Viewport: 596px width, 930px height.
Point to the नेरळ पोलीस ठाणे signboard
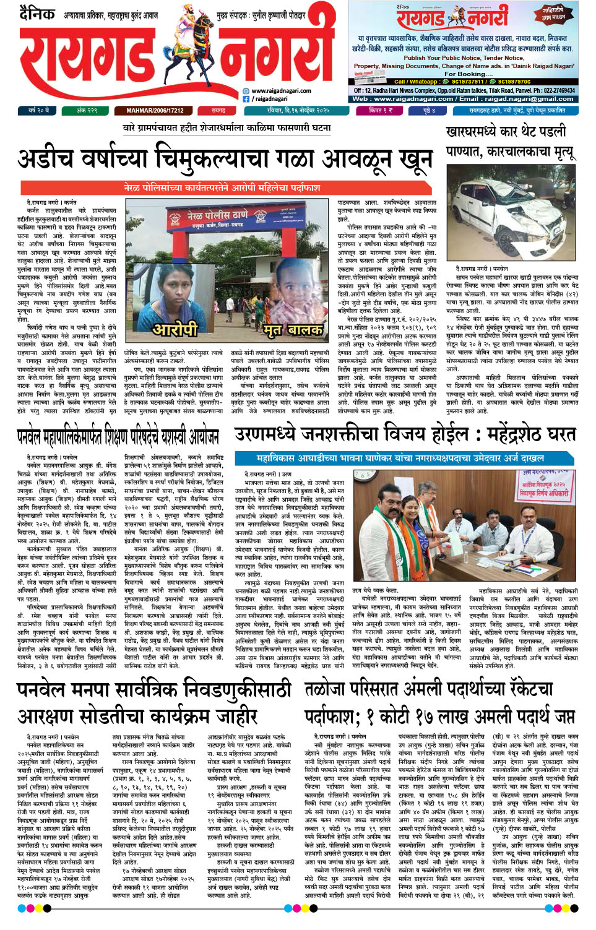pos(226,218)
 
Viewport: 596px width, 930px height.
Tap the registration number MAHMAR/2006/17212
pos(155,111)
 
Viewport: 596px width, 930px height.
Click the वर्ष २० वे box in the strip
pos(38,111)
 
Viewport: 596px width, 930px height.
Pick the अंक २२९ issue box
pos(87,111)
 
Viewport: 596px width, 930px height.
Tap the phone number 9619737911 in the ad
pos(467,82)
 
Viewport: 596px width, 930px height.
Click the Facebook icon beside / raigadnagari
pos(246,99)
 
